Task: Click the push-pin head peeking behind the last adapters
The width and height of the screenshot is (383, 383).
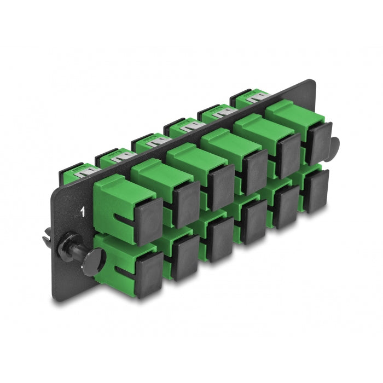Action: (x=334, y=146)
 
